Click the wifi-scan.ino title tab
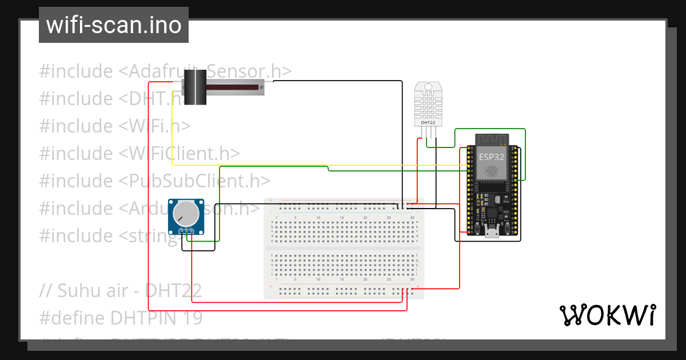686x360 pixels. pos(114,25)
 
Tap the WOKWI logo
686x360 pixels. pos(607,315)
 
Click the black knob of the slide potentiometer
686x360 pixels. pos(198,87)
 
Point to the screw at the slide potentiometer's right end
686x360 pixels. pos(261,87)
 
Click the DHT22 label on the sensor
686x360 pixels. pos(428,122)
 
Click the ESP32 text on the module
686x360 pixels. pos(491,156)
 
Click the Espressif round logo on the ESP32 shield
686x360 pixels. pos(492,171)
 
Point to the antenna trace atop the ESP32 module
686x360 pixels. pos(491,138)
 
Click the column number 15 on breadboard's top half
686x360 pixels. pos(341,218)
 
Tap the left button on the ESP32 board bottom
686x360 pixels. pos(476,231)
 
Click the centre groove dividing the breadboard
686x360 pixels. pos(344,249)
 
